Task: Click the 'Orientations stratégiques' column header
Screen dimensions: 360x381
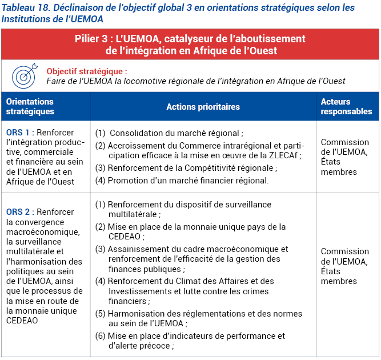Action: (x=30, y=106)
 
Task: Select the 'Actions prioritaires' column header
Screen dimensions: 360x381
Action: (x=203, y=107)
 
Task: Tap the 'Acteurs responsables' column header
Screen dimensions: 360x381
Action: (x=346, y=106)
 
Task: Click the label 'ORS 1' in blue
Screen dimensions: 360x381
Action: (x=20, y=133)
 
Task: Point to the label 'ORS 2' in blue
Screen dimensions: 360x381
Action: (x=20, y=212)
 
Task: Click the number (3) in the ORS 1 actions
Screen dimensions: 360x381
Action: (x=101, y=168)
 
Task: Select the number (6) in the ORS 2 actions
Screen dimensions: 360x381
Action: (x=101, y=335)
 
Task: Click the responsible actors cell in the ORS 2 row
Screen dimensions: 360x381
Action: (x=345, y=266)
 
